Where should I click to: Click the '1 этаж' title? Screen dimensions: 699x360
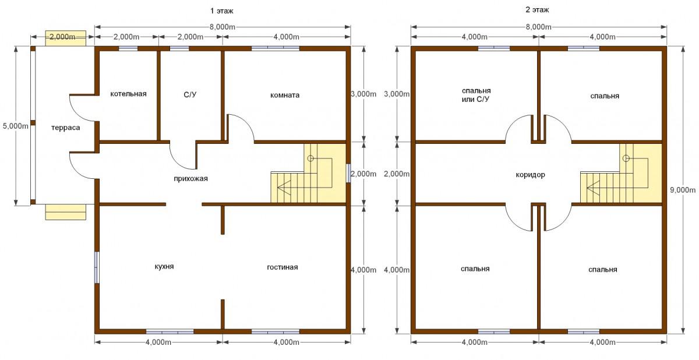(x=221, y=11)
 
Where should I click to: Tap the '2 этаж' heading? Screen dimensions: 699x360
(x=537, y=10)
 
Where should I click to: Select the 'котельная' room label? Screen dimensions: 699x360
(x=128, y=94)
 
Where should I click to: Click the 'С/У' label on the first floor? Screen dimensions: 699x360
(x=190, y=94)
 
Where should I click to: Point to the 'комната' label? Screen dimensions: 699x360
(x=285, y=95)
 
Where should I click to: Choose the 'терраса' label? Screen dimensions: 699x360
(x=65, y=128)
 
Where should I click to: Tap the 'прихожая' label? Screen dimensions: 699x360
(x=190, y=179)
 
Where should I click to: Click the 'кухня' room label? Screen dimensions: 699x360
(x=164, y=267)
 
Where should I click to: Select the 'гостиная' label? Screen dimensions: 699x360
(x=283, y=267)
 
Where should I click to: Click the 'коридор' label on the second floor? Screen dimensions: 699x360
(x=530, y=175)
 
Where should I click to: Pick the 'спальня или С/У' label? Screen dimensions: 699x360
(x=476, y=95)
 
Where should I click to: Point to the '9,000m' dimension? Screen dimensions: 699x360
(x=683, y=190)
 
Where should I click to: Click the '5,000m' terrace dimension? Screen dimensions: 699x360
(x=16, y=126)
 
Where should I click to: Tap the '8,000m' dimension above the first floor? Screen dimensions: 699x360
(x=222, y=27)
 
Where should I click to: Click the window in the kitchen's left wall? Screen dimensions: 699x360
(x=97, y=267)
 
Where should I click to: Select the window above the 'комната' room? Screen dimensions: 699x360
(x=276, y=48)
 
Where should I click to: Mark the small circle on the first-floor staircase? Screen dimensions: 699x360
(x=310, y=158)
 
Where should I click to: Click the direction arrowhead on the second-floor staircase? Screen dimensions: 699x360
(x=592, y=188)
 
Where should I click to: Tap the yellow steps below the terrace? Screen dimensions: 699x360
(x=65, y=212)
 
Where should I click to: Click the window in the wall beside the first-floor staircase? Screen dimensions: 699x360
(x=348, y=173)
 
